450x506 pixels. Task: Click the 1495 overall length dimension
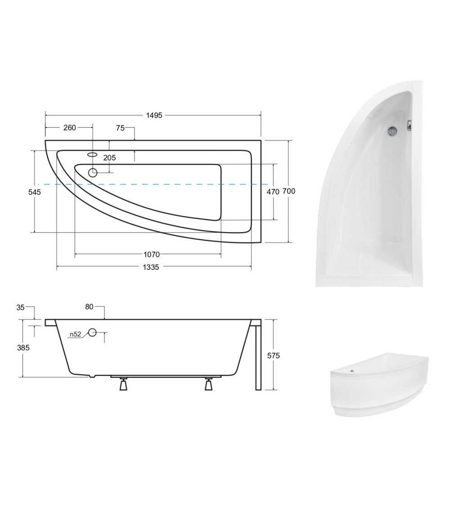154,115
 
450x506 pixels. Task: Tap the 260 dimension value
69,128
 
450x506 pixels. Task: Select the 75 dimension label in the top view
120,128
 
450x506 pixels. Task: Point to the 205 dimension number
109,158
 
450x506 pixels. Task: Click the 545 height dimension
35,192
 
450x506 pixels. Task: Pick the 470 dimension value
273,192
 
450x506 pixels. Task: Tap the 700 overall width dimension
289,191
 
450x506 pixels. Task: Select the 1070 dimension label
151,255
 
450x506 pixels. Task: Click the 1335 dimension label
151,267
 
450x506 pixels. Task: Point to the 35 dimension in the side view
20,308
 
